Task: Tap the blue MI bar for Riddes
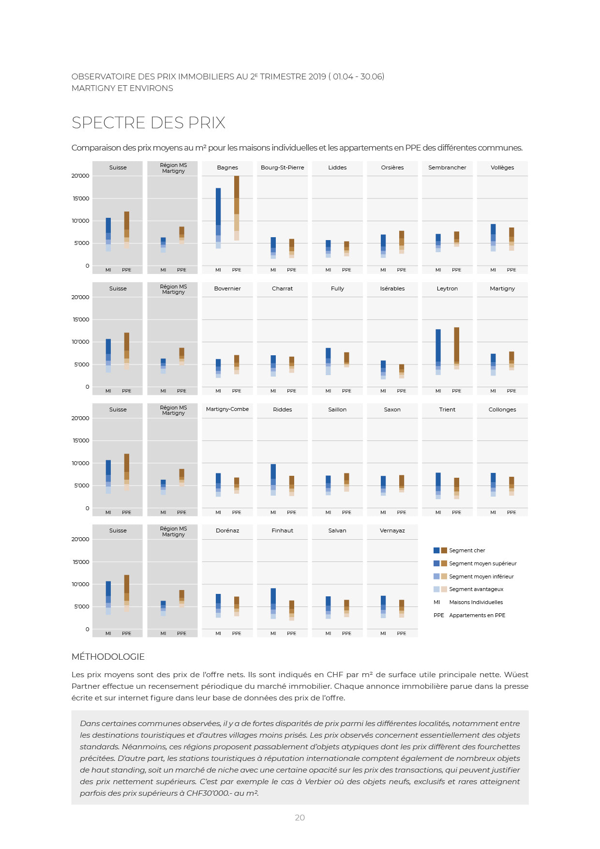pos(273,479)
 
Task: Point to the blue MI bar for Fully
pos(328,361)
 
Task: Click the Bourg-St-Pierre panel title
pos(282,167)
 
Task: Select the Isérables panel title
pos(392,288)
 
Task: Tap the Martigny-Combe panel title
pos(227,409)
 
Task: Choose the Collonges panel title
pos(502,409)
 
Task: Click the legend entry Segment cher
pos(466,550)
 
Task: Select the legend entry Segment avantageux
pos(476,589)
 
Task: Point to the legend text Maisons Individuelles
pos(476,602)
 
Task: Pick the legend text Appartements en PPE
pos(477,615)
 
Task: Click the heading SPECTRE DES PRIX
pos(149,123)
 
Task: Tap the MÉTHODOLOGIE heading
pos(108,657)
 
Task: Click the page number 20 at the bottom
pos(300,818)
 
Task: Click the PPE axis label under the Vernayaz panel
pos(402,633)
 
